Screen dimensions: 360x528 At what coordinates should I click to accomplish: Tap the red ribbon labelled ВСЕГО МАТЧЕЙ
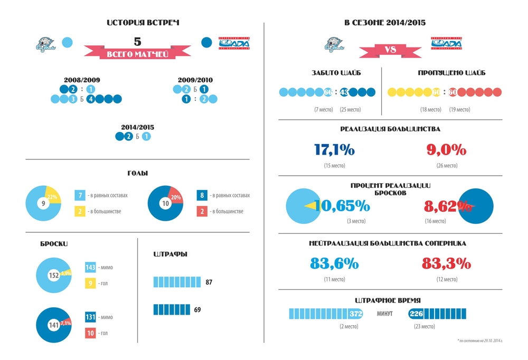point(137,54)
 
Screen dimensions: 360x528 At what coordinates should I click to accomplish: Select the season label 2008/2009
point(82,80)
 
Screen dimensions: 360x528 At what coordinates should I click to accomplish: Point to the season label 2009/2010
point(195,80)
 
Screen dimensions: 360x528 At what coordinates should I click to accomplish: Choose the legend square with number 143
point(90,268)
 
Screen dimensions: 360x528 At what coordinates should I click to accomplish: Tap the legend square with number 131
point(90,317)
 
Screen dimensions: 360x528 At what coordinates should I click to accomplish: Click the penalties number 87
point(209,282)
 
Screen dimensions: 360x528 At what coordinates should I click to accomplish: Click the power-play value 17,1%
point(334,150)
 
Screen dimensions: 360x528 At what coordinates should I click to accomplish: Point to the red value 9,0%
point(446,150)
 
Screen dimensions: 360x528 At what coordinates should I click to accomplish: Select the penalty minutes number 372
point(355,315)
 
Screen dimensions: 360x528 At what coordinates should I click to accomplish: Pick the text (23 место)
point(425,326)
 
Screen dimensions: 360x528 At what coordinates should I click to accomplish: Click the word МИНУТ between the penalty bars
point(384,315)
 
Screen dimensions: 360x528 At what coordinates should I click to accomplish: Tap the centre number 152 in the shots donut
point(53,275)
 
